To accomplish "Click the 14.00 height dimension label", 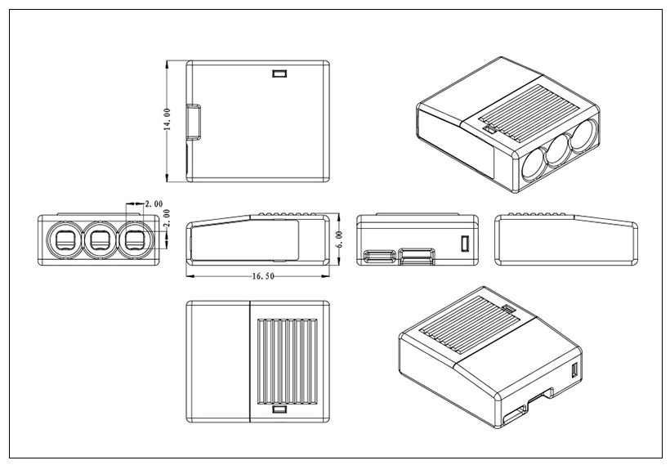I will pos(167,120).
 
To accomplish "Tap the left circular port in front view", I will pos(63,239).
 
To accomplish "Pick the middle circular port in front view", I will pos(100,239).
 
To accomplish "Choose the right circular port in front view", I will pos(135,239).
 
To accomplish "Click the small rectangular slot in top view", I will pos(279,74).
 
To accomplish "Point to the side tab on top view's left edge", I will pos(194,122).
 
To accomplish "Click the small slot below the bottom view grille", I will pos(279,409).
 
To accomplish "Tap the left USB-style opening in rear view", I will pos(377,257).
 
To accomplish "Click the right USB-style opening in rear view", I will pos(416,257).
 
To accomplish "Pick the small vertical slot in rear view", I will pos(465,244).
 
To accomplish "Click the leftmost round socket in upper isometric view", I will pos(533,164).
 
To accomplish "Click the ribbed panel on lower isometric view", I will pos(467,326).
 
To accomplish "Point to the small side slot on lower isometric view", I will pos(574,372).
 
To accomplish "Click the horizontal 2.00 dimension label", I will pos(153,203).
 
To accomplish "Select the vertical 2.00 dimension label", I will pos(167,218).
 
